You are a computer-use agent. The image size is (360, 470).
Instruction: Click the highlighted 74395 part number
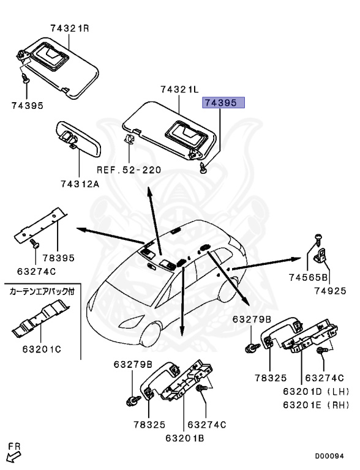pyautogui.click(x=224, y=103)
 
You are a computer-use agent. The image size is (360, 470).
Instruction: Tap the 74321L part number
pyautogui.click(x=179, y=90)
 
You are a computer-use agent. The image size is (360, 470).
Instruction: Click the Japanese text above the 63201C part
pyautogui.click(x=41, y=291)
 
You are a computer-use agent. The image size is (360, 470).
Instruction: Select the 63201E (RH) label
pyautogui.click(x=315, y=405)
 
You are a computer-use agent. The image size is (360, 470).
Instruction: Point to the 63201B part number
pyautogui.click(x=184, y=438)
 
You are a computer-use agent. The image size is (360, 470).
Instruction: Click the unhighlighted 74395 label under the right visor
pyautogui.click(x=27, y=105)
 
